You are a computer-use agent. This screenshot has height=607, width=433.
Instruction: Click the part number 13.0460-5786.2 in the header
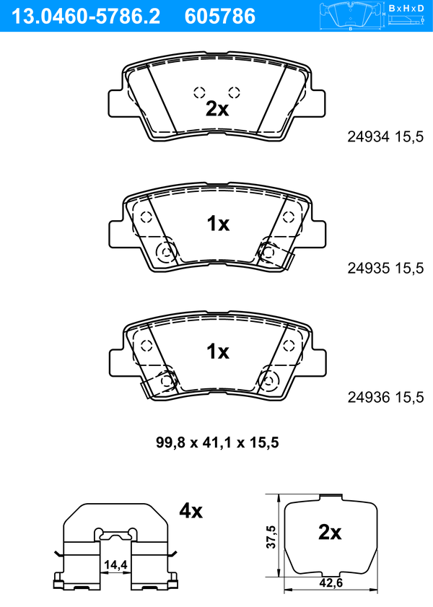point(86,17)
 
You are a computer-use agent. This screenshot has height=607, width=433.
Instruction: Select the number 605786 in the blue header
point(220,17)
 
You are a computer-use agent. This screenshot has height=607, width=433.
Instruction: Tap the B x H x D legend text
point(406,8)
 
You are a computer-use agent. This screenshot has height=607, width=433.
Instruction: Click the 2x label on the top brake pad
point(217,109)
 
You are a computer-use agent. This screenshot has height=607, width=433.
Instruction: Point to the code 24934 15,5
point(385,136)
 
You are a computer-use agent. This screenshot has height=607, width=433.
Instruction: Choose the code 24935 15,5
point(385,268)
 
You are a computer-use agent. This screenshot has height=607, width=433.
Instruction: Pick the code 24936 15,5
point(385,397)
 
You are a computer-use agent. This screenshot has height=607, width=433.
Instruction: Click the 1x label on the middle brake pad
point(218,224)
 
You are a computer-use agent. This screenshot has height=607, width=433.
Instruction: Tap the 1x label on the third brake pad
point(218,351)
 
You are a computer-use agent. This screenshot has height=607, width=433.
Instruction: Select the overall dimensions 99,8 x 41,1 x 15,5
point(217,442)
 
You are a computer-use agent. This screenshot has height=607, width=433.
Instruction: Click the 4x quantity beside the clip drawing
point(191,511)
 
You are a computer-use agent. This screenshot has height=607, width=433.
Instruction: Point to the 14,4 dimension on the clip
point(115,565)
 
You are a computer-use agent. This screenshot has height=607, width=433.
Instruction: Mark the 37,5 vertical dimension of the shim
point(271,536)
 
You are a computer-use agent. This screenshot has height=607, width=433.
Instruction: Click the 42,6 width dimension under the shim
point(331,582)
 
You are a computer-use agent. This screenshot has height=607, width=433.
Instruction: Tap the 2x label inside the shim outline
point(330,532)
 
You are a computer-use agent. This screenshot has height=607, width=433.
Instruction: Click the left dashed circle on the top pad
point(199,92)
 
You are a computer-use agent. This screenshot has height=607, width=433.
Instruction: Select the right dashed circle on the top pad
point(234,92)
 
